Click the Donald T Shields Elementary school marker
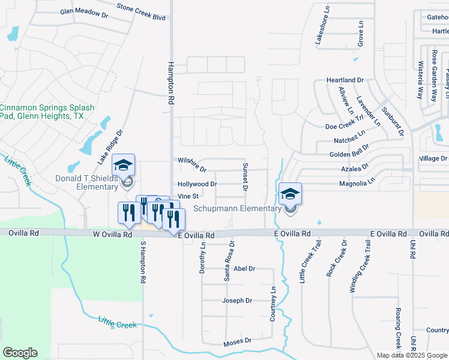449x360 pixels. (x=123, y=165)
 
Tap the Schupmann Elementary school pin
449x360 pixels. (x=290, y=194)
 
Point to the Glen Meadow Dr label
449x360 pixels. (x=84, y=11)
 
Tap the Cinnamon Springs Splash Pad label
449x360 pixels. (x=47, y=112)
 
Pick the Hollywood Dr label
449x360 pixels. (x=197, y=184)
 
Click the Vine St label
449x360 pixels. (x=188, y=196)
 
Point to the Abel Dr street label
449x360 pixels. (x=244, y=269)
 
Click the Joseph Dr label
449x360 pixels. (x=237, y=301)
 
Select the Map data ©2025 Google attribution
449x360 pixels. (x=412, y=355)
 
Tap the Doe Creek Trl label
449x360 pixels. (x=345, y=127)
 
